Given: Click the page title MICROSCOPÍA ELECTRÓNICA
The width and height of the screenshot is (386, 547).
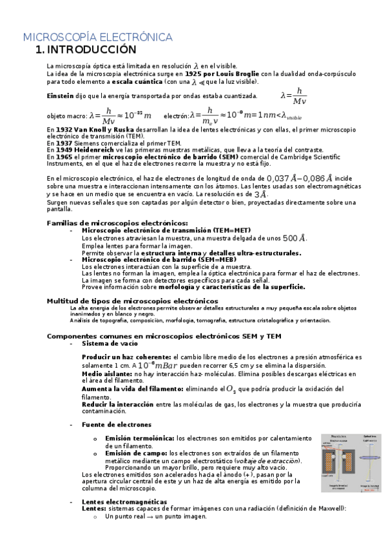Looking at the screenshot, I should (x=97, y=37).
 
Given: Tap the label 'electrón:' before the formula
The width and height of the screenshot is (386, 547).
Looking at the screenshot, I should (x=176, y=116).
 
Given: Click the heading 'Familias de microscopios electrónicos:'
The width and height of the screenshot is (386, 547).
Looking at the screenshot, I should (x=108, y=223).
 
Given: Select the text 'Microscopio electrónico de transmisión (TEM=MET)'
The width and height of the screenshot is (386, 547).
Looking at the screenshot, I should (x=166, y=230).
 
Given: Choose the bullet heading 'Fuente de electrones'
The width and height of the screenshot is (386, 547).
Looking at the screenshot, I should (x=117, y=424).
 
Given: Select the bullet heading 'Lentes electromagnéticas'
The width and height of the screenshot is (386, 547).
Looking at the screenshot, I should (x=124, y=502).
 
